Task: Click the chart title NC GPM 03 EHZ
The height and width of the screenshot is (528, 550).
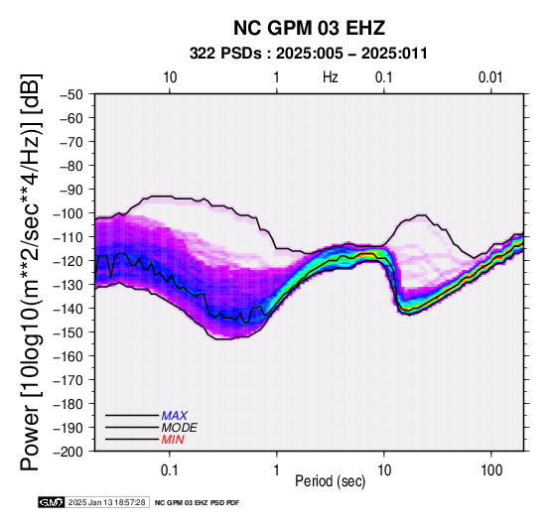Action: (x=309, y=28)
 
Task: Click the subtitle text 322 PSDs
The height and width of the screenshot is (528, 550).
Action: (x=225, y=54)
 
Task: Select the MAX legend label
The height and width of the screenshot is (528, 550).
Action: (x=175, y=416)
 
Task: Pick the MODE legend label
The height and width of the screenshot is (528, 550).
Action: (x=179, y=428)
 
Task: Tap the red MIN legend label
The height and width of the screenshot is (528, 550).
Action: (x=173, y=440)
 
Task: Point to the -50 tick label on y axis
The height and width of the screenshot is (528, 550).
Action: (x=71, y=94)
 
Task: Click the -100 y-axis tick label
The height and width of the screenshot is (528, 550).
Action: (x=69, y=213)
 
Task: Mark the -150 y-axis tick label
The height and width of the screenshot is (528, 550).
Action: (x=69, y=332)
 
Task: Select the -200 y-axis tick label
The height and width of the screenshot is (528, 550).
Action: (x=69, y=452)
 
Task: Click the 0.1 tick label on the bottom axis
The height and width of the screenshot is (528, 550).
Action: (x=169, y=470)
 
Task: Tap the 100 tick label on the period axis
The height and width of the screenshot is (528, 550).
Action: (x=491, y=470)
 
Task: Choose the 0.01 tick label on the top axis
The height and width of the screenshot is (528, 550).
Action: (x=490, y=77)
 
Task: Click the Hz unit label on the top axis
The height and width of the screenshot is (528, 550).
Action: (x=331, y=77)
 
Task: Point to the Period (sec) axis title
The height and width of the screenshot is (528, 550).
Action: (x=331, y=481)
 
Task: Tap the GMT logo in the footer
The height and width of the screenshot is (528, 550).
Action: (x=52, y=502)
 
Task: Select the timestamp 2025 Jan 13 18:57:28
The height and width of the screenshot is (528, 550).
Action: (x=106, y=502)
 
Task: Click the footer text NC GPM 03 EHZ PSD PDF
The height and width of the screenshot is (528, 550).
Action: (x=197, y=503)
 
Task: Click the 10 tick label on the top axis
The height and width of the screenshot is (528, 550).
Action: (x=170, y=77)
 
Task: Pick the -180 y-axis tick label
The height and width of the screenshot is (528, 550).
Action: (x=69, y=404)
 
